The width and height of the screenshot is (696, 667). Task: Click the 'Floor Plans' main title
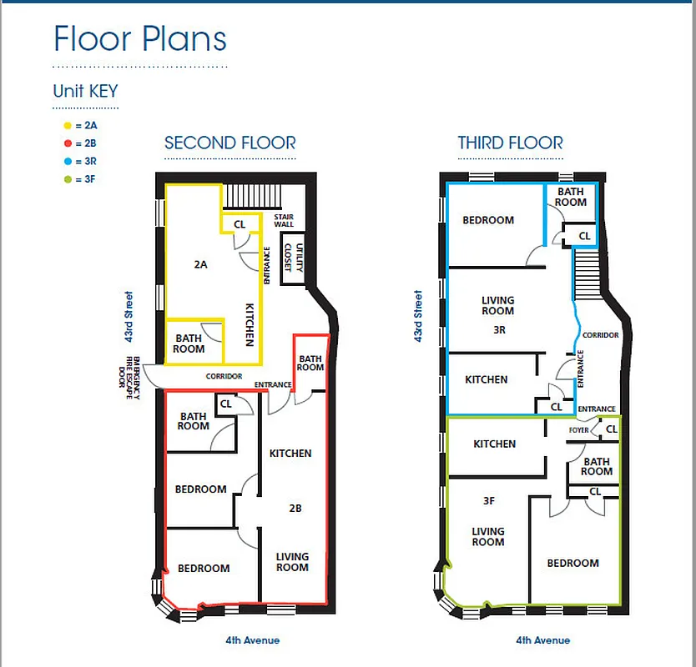139,39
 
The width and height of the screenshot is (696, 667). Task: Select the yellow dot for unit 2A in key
67,125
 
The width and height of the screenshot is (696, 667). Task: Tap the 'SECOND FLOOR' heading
229,143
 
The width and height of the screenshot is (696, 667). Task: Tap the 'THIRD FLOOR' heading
510,143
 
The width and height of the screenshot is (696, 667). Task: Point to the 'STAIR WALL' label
284,221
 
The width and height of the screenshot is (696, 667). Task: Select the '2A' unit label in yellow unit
200,264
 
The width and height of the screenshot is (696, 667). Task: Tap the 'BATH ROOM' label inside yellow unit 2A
189,344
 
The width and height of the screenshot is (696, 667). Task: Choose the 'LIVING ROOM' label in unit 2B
292,562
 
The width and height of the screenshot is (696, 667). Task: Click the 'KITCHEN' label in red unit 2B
290,454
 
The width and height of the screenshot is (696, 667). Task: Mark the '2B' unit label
295,507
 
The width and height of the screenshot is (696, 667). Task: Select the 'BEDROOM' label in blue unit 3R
488,220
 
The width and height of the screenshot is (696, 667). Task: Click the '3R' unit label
498,329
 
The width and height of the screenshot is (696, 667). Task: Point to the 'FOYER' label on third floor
579,431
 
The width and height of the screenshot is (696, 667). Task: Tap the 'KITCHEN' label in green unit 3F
494,444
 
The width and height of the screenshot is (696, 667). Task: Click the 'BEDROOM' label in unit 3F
572,563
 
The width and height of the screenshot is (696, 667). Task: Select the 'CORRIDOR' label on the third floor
601,335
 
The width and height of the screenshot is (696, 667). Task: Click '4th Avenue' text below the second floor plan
252,640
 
